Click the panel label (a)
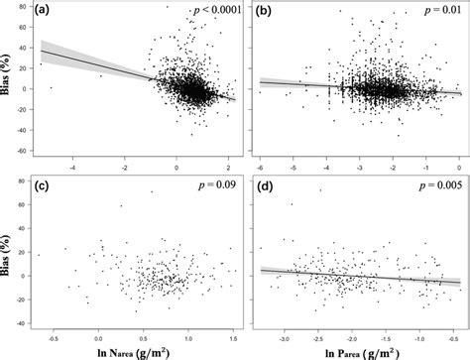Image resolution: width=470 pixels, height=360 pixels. click(47, 10)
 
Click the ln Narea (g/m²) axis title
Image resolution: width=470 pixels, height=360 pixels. click(142, 348)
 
